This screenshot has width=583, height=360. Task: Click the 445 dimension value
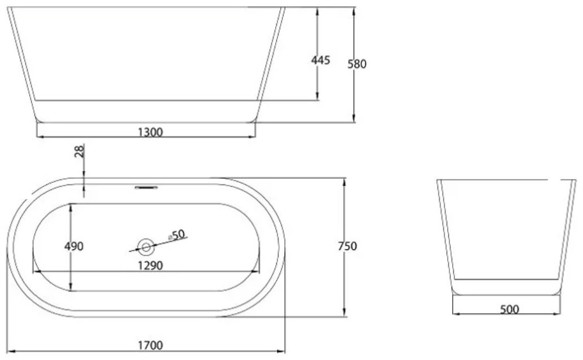pyautogui.click(x=320, y=60)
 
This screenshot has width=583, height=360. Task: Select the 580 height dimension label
pyautogui.click(x=357, y=64)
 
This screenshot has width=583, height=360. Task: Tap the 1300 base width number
pyautogui.click(x=150, y=132)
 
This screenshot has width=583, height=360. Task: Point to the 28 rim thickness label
pyautogui.click(x=79, y=151)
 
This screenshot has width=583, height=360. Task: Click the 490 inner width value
pyautogui.click(x=74, y=246)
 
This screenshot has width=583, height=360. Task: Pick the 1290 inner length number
pyautogui.click(x=150, y=265)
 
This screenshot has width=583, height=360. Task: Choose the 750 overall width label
pyautogui.click(x=348, y=246)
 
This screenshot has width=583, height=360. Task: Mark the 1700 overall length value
pyautogui.click(x=151, y=345)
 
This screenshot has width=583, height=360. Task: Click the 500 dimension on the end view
pyautogui.click(x=509, y=309)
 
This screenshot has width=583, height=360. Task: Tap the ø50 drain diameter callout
pyautogui.click(x=177, y=235)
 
